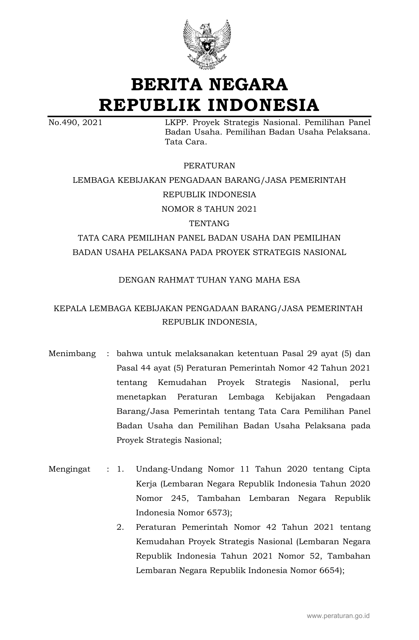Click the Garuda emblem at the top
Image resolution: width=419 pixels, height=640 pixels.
(x=207, y=44)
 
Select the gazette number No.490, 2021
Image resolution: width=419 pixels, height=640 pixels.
(x=75, y=123)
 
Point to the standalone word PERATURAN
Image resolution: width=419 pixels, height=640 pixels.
(x=209, y=166)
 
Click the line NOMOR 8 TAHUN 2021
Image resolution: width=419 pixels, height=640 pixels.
(x=209, y=209)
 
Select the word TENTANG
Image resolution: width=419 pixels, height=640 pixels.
(x=209, y=224)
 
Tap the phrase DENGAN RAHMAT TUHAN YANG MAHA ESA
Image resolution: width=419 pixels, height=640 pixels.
(x=209, y=280)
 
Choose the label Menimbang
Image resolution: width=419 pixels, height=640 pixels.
(x=72, y=354)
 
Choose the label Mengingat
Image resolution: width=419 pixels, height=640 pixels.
(x=69, y=469)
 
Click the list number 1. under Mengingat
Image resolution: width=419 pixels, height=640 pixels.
(x=120, y=469)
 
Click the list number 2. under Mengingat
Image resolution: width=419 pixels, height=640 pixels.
(x=120, y=527)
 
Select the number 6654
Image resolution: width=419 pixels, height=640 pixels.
(x=329, y=570)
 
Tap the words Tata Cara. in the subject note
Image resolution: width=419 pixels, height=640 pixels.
(x=186, y=142)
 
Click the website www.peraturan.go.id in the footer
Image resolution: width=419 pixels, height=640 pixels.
(x=338, y=616)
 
